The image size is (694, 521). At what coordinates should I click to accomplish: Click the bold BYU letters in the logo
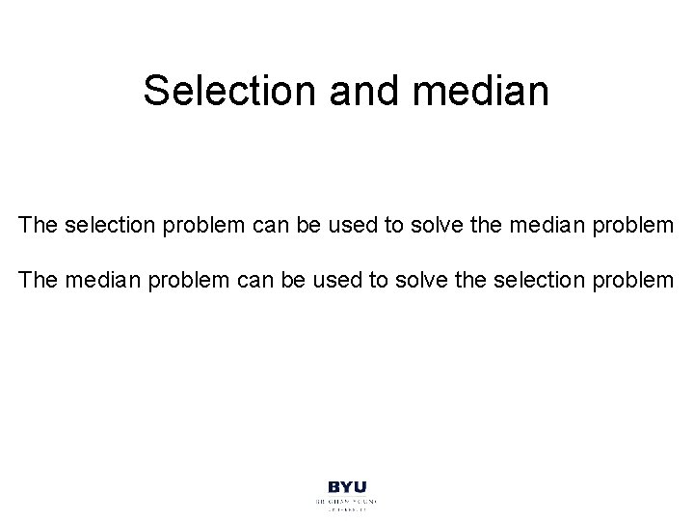coord(347,489)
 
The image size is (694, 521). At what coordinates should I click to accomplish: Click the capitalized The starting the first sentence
coord(38,227)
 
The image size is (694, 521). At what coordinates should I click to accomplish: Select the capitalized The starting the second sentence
coord(38,281)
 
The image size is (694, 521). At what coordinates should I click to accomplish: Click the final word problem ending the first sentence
coord(637,227)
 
